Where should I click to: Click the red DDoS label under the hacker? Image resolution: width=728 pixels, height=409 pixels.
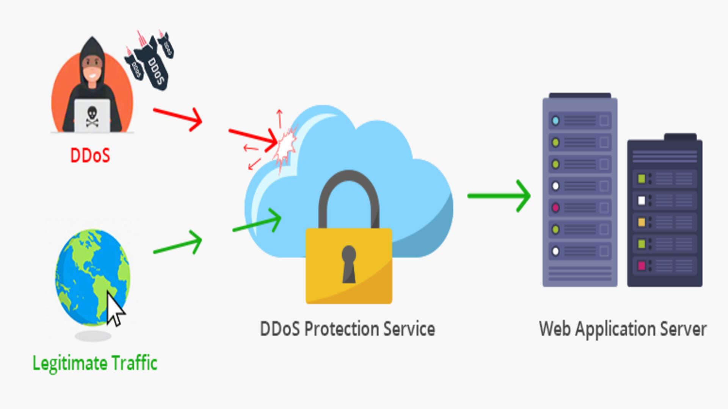(x=90, y=155)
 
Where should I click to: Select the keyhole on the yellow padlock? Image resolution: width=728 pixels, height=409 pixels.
(x=349, y=263)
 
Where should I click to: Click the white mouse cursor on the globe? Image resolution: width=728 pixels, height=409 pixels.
(x=115, y=309)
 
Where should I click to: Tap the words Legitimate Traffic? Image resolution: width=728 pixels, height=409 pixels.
(x=95, y=363)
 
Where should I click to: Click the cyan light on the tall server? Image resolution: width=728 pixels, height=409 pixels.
(x=555, y=121)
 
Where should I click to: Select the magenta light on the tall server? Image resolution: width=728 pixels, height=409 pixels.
(x=555, y=208)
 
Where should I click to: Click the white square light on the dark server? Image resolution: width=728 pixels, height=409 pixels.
(x=642, y=200)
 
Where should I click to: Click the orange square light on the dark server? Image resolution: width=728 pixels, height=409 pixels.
(x=642, y=222)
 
